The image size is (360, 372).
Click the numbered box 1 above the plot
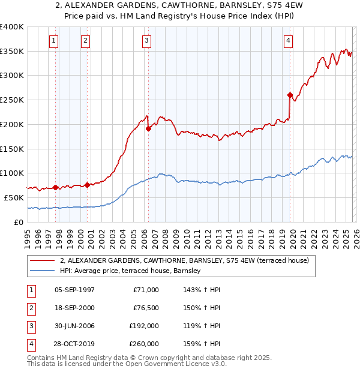pos(54,41)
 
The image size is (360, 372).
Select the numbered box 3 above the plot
pos(146,41)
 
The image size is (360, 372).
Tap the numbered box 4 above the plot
pos(289,41)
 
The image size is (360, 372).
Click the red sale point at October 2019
pos(290,95)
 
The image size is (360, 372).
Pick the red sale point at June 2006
pos(148,128)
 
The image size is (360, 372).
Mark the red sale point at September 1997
pos(55,187)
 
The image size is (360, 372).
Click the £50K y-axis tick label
pos(14,197)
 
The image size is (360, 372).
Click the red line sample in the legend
pos(42,260)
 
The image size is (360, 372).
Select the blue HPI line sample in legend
pos(42,271)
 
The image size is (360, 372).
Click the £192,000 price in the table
pos(143,326)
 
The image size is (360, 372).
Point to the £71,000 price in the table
pos(146,290)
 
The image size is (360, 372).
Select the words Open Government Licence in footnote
pos(174,364)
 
